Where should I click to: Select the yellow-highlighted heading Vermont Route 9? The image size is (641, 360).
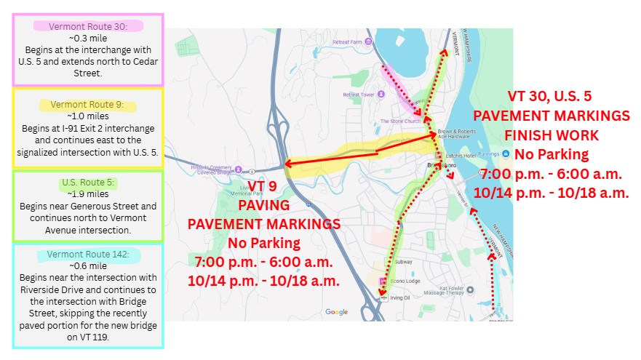pos(87,105)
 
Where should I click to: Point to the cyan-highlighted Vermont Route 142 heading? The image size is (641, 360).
pos(88,255)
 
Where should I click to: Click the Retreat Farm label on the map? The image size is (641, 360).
pos(347,42)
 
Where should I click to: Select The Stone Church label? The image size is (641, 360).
pos(397,121)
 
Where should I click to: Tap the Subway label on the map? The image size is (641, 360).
pos(404,263)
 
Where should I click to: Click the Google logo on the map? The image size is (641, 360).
pos(336,312)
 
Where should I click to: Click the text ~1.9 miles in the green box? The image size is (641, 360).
pos(87,194)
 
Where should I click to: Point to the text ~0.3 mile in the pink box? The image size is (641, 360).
pos(87,38)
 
